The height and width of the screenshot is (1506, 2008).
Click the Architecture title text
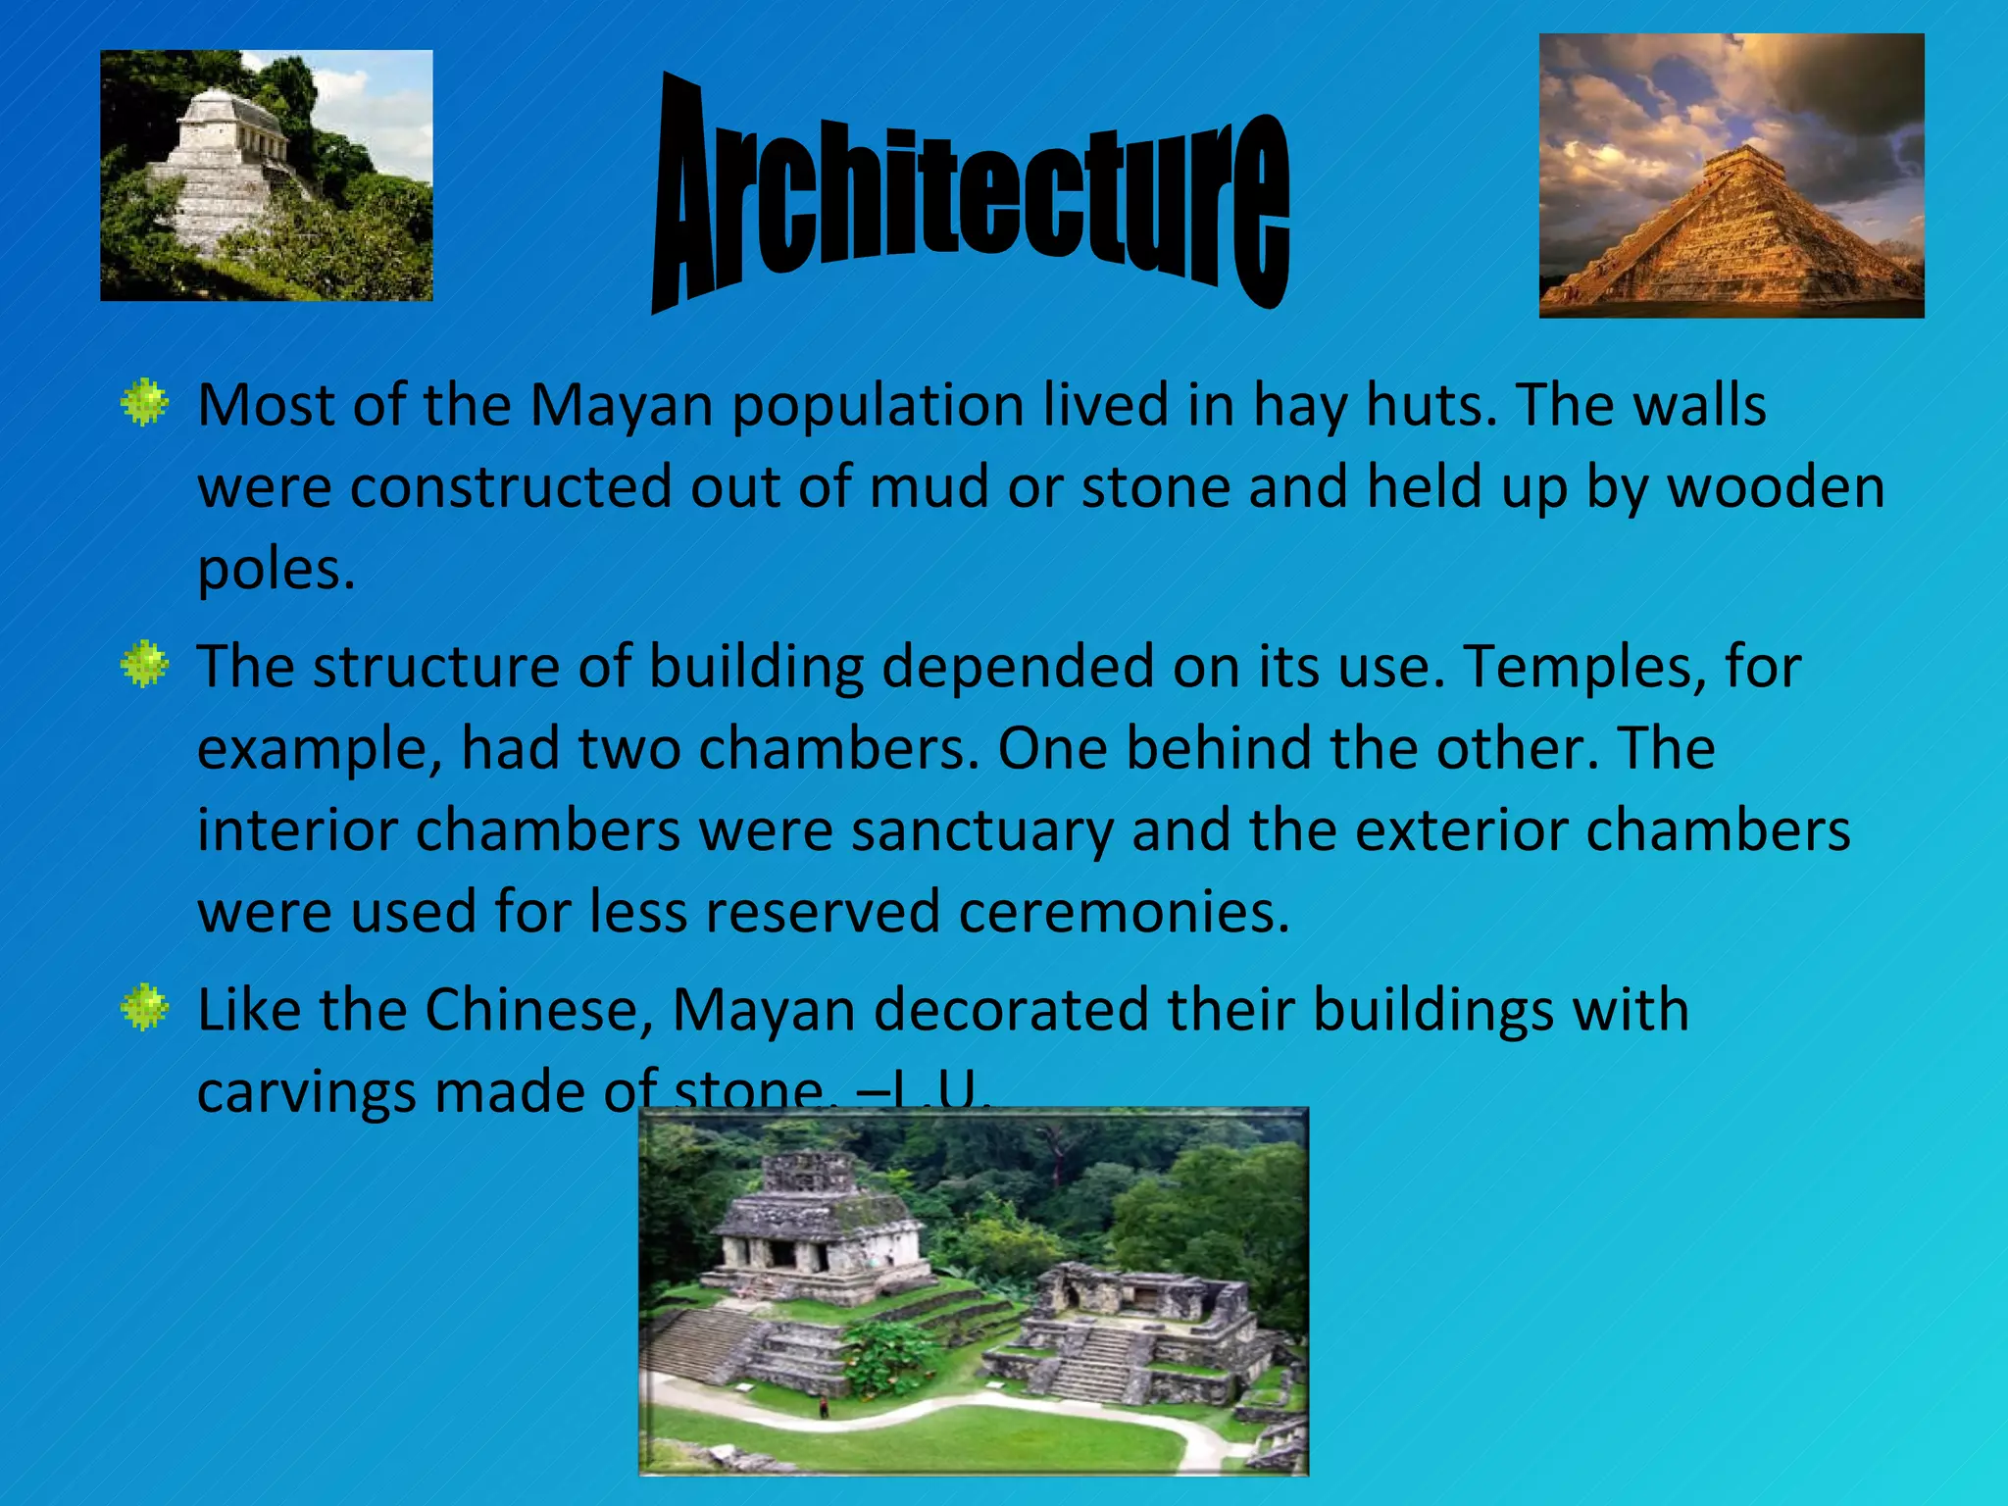(971, 196)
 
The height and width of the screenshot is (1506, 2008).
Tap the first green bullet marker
(145, 402)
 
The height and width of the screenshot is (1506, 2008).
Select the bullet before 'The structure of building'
(145, 665)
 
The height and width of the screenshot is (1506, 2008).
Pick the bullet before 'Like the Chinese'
(145, 1007)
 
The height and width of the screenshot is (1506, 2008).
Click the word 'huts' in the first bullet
(1431, 404)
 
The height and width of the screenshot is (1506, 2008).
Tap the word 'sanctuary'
(981, 830)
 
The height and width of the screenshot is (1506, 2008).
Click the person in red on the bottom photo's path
(824, 1408)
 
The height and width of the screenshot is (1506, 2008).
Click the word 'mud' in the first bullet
(929, 486)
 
